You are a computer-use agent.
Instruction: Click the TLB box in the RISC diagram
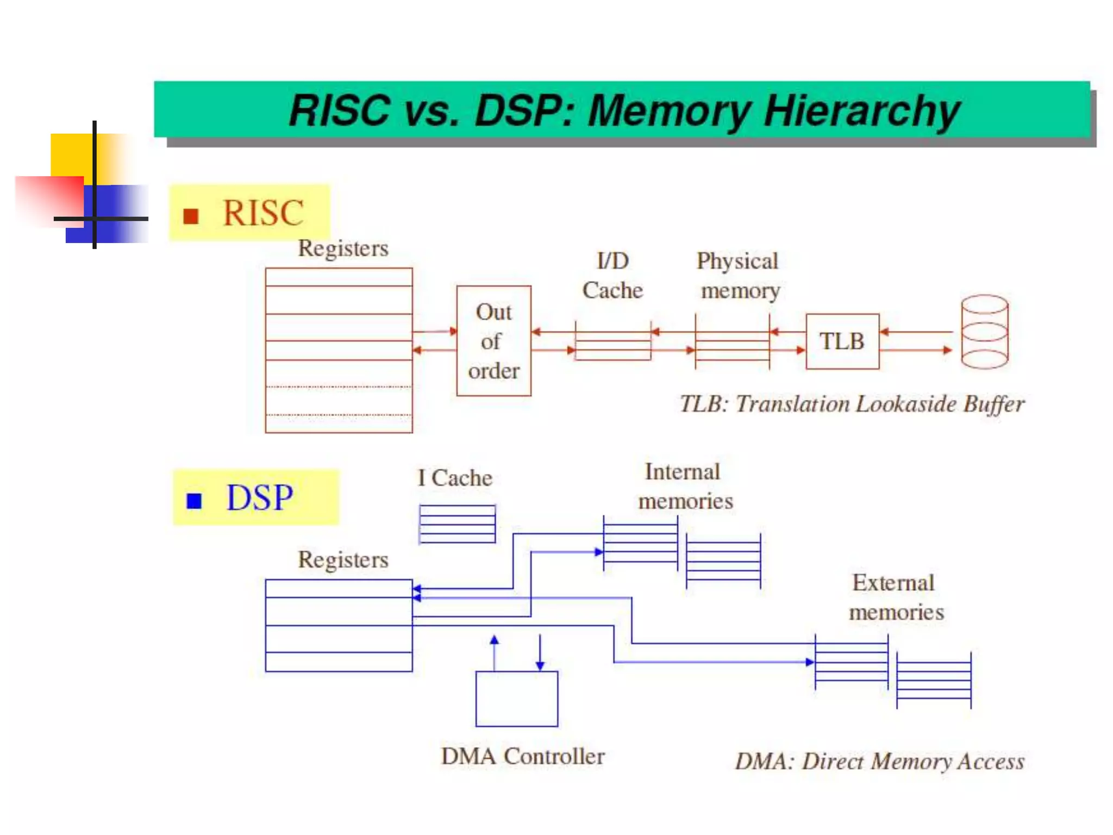tap(842, 341)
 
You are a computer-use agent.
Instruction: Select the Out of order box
tap(493, 341)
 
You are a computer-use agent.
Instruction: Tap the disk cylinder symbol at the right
tap(984, 332)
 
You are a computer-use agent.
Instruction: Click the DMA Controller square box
tap(516, 699)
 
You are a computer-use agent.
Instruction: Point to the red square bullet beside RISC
tap(191, 216)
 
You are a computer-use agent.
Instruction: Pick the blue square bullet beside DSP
tap(194, 500)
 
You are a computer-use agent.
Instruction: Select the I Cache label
tap(455, 478)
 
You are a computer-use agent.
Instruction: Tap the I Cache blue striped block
tap(457, 524)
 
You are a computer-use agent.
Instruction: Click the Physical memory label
tap(739, 276)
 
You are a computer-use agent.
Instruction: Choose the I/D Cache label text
tap(612, 276)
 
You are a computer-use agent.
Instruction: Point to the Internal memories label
tap(685, 486)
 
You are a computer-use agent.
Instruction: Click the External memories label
tap(896, 597)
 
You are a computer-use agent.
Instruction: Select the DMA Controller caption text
tap(522, 756)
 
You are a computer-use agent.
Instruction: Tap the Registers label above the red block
tap(343, 248)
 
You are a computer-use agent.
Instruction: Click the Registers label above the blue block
tap(343, 559)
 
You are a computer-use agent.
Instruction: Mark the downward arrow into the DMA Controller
tap(540, 652)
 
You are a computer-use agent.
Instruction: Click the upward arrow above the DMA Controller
tap(494, 652)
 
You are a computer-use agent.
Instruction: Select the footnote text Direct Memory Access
tap(913, 761)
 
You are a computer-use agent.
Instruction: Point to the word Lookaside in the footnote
tap(902, 404)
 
